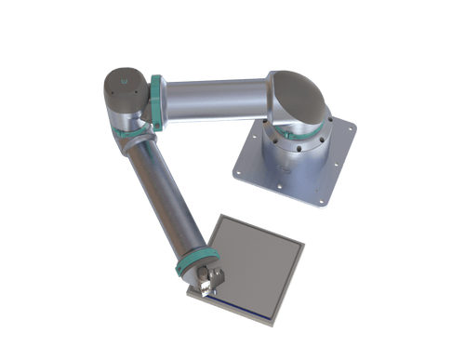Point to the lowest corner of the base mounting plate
coord(325,207)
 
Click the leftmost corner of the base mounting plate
coord(232,167)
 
